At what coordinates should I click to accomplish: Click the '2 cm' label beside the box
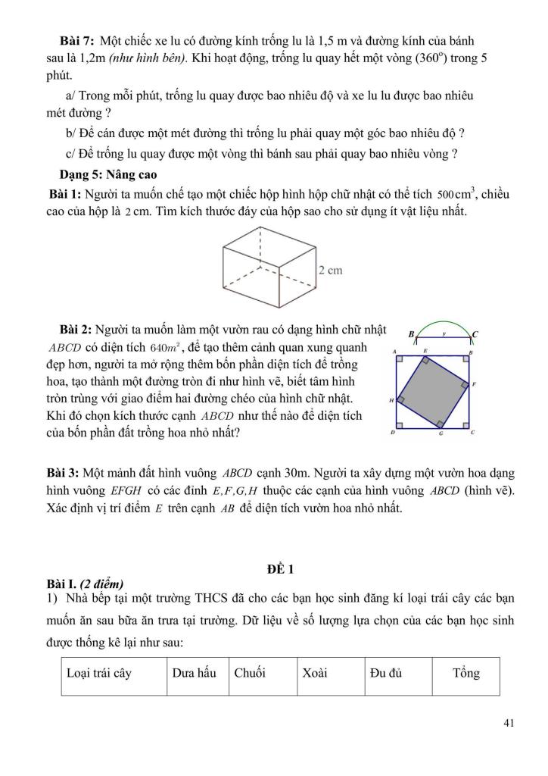click(x=332, y=270)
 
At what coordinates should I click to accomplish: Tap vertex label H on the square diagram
click(x=391, y=399)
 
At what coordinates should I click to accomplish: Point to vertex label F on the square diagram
click(x=473, y=385)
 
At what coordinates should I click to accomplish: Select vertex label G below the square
click(x=441, y=434)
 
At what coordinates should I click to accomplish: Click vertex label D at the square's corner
click(x=392, y=433)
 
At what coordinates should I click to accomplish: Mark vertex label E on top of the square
click(x=425, y=352)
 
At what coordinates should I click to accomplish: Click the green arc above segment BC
click(x=443, y=321)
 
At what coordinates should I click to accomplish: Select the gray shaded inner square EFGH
click(x=433, y=392)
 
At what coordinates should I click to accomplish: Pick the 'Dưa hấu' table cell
click(x=197, y=673)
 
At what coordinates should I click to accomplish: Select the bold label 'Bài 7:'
click(x=77, y=39)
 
